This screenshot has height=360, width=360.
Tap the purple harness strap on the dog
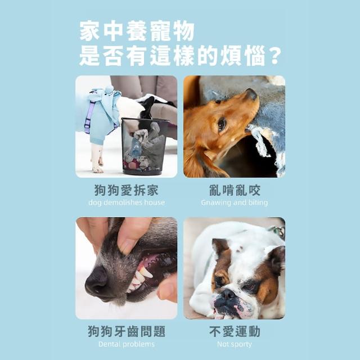click(x=89, y=118)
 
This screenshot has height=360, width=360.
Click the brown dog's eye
click(x=222, y=124)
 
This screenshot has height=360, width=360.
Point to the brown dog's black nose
click(x=251, y=94)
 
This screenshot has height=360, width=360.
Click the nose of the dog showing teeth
click(x=96, y=280)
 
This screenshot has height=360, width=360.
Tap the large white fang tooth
click(x=144, y=274)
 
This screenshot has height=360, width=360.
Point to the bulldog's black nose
click(x=227, y=294)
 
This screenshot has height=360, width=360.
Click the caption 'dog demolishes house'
click(x=127, y=202)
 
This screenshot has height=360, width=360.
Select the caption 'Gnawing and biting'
click(x=235, y=202)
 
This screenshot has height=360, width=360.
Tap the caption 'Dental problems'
click(x=127, y=344)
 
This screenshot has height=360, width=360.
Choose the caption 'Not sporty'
click(x=235, y=344)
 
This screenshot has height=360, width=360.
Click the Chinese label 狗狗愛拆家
click(x=127, y=190)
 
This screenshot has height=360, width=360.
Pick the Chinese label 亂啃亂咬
click(x=235, y=190)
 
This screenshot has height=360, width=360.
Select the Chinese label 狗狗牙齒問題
click(x=127, y=331)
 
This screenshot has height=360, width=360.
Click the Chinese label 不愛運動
click(x=235, y=331)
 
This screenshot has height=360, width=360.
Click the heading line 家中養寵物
click(x=137, y=31)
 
